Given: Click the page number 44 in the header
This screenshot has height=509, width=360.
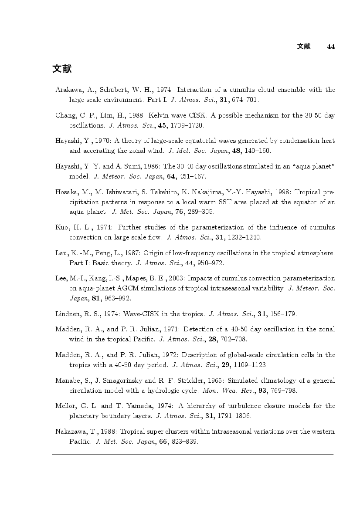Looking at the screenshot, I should click(330, 47).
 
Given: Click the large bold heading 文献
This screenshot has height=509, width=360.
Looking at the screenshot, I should click(62, 69).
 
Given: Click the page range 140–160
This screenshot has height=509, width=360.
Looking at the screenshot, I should click(258, 151).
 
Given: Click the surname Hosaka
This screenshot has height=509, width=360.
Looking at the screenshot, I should click(66, 192).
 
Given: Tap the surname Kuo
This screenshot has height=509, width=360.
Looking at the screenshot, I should click(61, 227).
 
